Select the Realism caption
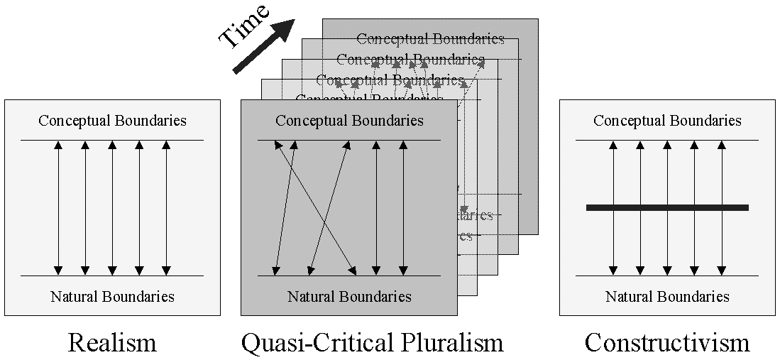112,343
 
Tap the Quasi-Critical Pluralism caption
373,343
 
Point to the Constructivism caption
667,343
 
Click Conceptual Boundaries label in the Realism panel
112,120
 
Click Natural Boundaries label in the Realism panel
112,296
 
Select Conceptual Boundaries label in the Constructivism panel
667,120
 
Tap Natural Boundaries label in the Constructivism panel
667,296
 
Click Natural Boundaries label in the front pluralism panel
349,296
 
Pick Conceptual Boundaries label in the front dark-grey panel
349,120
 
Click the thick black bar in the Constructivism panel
667,207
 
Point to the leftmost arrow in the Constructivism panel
613,178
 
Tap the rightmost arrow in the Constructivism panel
721,178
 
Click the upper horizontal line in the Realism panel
112,140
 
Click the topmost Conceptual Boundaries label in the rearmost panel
430,38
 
